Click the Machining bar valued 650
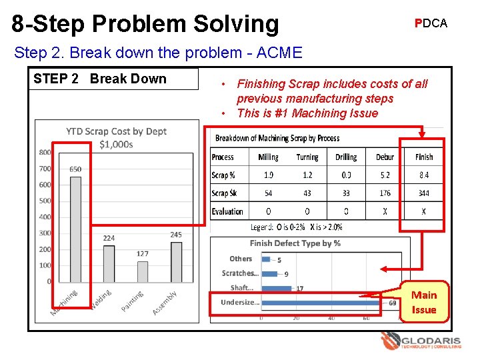coord(75,229)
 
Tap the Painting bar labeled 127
coord(142,271)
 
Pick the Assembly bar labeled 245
coord(176,261)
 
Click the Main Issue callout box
coord(424,302)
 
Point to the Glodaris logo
coord(421,342)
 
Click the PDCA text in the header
coord(431,23)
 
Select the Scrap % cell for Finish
coord(424,175)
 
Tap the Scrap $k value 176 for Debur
coord(385,193)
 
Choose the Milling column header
coord(268,157)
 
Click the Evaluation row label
coord(227,211)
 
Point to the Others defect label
coord(241,259)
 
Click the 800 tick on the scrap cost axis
coord(45,152)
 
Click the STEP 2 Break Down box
coord(115,79)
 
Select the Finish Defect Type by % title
coord(295,243)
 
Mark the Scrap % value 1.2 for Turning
coord(307,175)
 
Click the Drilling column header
coord(346,157)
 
